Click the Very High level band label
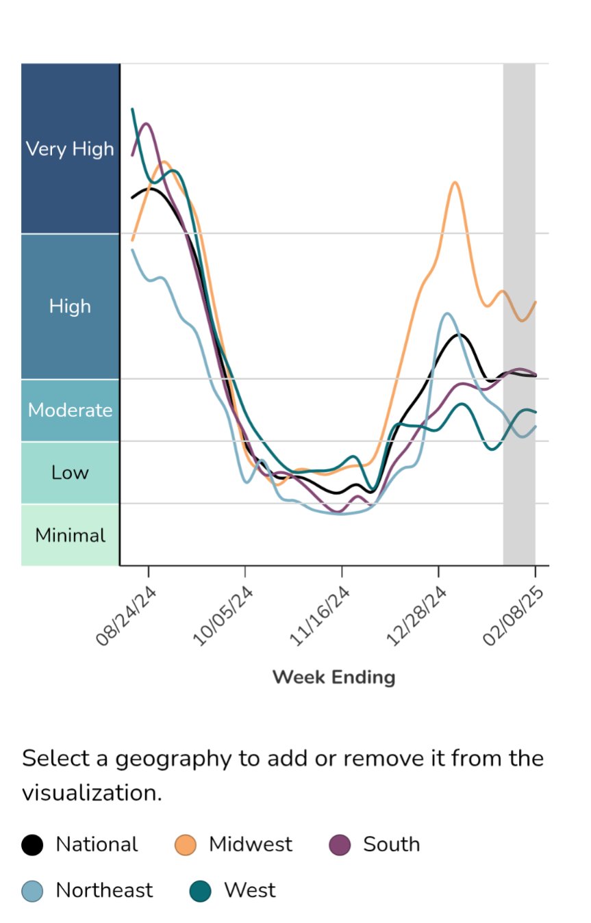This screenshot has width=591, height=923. (70, 148)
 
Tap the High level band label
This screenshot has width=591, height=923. (70, 306)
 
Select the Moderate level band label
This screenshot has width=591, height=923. (70, 410)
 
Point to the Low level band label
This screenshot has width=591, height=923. (70, 472)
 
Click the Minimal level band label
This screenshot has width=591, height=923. (70, 535)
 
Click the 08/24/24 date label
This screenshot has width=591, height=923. (127, 616)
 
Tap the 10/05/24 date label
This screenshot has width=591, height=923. (224, 616)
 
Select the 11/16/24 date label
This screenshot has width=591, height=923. (320, 616)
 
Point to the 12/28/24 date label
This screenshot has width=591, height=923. (418, 616)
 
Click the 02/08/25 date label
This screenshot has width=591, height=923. (514, 616)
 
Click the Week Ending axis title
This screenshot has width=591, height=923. (334, 677)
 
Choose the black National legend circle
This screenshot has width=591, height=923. (32, 845)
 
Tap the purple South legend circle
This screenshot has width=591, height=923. (340, 845)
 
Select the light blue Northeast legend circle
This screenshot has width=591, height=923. (32, 891)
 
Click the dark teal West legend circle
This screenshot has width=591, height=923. (200, 891)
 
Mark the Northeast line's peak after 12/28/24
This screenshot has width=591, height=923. (447, 313)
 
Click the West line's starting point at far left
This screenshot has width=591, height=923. (132, 109)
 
